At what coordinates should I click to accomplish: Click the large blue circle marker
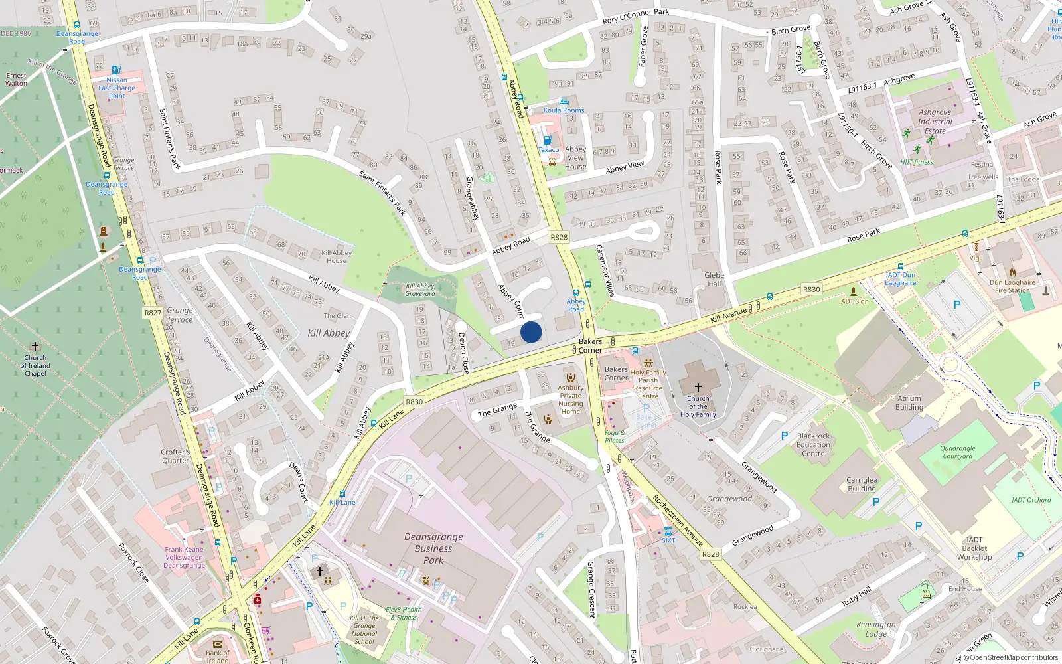(x=531, y=332)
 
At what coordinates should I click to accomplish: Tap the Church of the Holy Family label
(x=698, y=406)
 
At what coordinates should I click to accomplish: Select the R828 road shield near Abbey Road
(x=559, y=237)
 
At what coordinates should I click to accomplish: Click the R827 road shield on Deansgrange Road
(x=153, y=313)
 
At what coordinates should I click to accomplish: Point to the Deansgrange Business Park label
(x=433, y=548)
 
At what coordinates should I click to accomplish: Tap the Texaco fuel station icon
(x=548, y=140)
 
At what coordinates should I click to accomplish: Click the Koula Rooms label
(x=564, y=110)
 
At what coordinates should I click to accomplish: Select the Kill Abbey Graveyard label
(x=420, y=290)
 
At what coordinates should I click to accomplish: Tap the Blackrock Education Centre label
(x=813, y=445)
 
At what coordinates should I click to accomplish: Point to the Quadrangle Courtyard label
(x=957, y=452)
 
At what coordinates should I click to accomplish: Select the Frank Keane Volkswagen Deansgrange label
(x=184, y=557)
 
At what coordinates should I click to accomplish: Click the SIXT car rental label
(x=668, y=540)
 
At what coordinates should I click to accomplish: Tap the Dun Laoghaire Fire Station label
(x=1012, y=286)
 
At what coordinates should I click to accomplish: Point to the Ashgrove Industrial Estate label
(x=935, y=122)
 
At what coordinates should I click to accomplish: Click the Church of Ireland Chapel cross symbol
(x=35, y=347)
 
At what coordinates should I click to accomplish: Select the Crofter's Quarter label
(x=175, y=456)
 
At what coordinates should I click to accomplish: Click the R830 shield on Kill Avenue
(x=811, y=289)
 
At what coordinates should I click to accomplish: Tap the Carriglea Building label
(x=862, y=484)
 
